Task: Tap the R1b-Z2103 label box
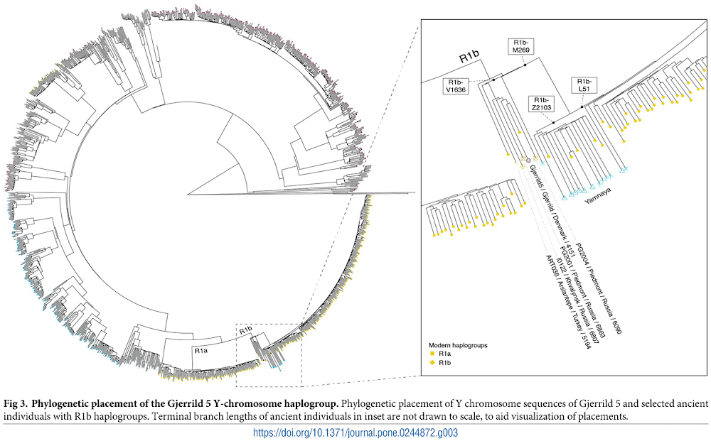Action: coord(541,104)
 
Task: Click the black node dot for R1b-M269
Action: coord(525,65)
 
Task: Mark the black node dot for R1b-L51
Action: coord(582,107)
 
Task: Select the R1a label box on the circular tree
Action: coord(202,350)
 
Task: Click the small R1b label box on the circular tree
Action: coord(245,330)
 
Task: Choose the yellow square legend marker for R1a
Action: coord(431,354)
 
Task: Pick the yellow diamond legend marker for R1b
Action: coord(431,362)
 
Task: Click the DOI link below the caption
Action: coord(355,432)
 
